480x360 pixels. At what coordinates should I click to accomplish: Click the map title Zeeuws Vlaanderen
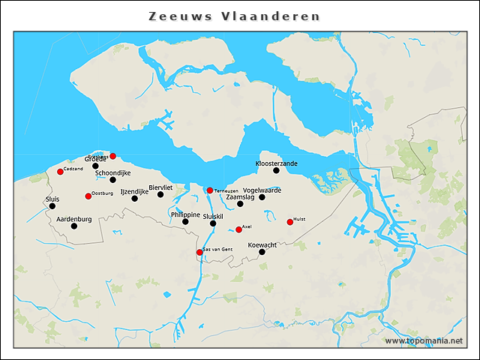234,16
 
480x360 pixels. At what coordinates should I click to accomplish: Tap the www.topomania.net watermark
424,341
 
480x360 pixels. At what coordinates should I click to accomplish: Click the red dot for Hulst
290,222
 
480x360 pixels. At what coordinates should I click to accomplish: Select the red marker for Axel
238,229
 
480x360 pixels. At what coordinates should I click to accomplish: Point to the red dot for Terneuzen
210,190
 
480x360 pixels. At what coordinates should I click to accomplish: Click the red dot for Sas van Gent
199,252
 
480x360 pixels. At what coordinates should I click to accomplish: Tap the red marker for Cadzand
60,172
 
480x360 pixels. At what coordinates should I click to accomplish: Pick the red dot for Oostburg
88,196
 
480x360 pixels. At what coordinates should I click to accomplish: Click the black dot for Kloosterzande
276,170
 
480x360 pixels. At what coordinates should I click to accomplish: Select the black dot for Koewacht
262,252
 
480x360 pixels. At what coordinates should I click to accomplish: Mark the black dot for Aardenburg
73,226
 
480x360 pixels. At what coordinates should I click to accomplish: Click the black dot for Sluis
52,206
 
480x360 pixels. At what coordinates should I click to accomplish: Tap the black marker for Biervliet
160,194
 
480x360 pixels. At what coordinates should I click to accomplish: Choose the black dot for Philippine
185,221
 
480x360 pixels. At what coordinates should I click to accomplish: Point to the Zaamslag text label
241,197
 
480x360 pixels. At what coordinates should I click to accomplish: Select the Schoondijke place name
112,173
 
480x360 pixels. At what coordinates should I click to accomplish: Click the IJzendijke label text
134,192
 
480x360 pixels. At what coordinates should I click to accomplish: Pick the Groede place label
94,159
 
